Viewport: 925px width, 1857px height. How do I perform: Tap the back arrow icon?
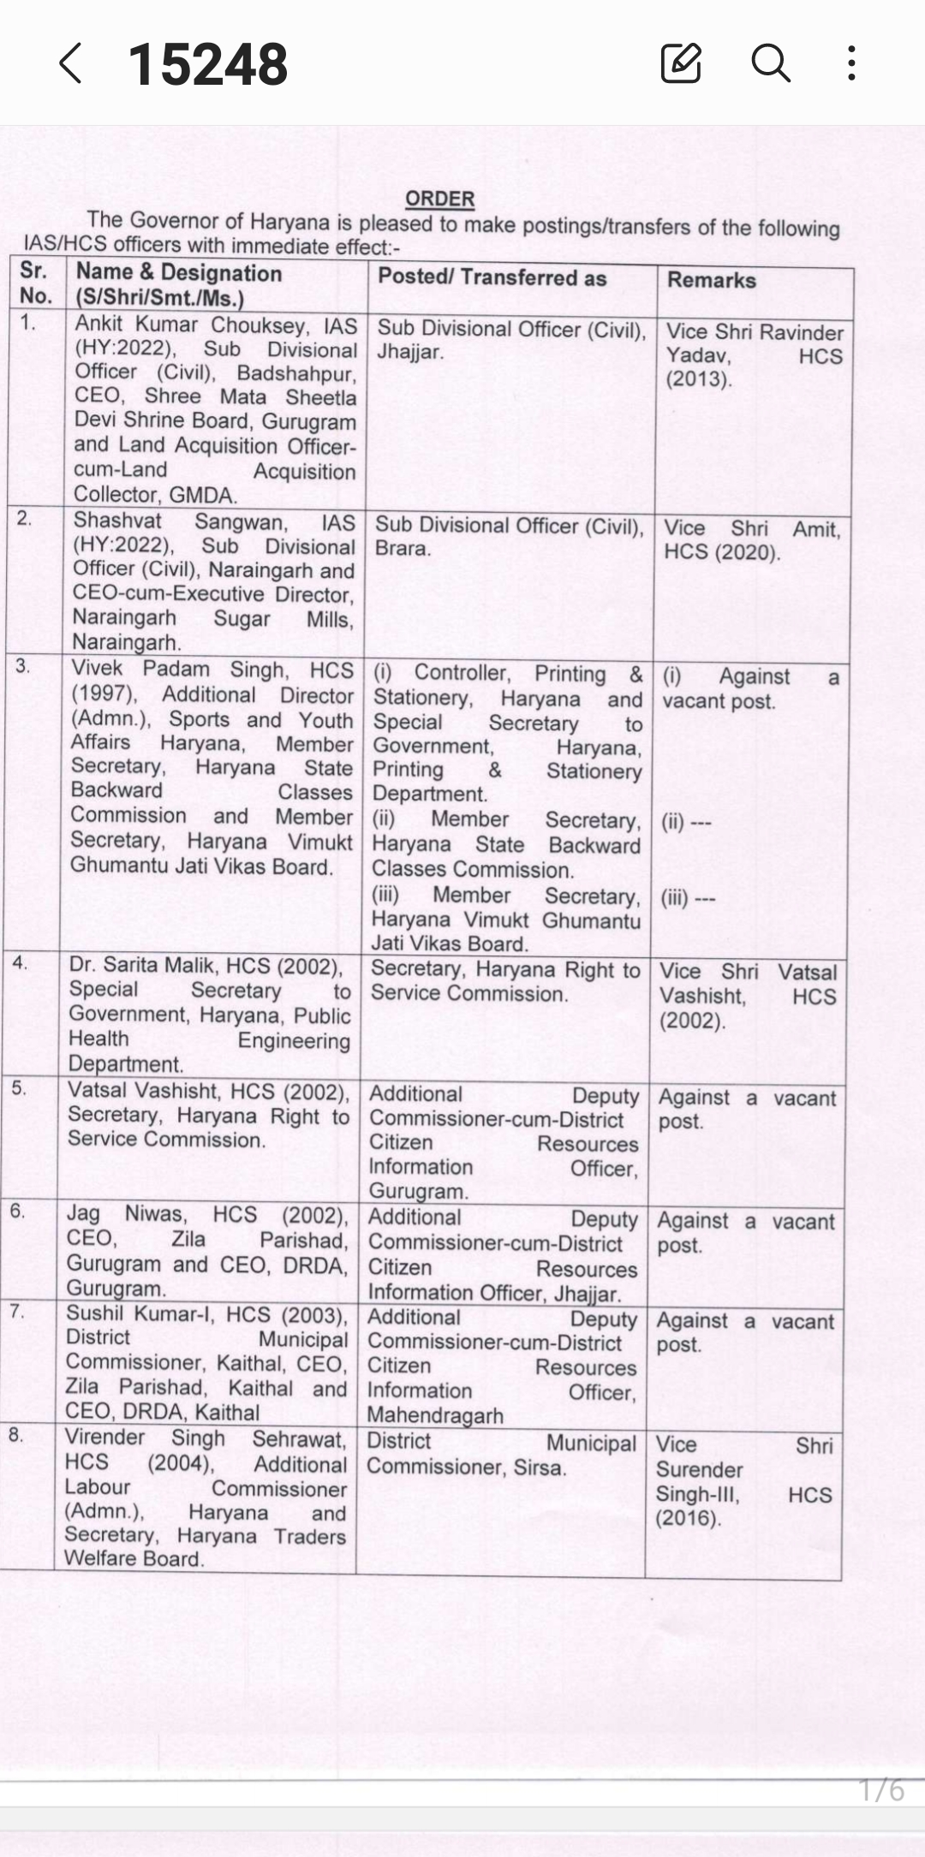71,63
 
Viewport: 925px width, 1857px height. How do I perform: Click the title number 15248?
208,64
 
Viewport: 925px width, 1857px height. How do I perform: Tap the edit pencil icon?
681,62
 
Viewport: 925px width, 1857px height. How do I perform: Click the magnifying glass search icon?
770,62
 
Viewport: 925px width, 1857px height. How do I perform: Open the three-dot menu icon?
851,62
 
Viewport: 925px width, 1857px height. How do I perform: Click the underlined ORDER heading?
439,199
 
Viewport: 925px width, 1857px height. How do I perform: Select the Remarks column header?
711,280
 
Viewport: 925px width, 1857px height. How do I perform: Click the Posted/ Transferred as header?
492,277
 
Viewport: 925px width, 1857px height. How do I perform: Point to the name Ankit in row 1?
98,324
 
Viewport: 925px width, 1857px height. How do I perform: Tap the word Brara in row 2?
401,548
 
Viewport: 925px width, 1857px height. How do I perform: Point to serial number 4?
20,961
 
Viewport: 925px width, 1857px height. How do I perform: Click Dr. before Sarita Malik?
82,964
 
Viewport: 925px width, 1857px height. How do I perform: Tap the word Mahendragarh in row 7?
434,1415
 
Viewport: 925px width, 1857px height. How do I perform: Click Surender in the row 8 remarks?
699,1470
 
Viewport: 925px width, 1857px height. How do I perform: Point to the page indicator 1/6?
881,1790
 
